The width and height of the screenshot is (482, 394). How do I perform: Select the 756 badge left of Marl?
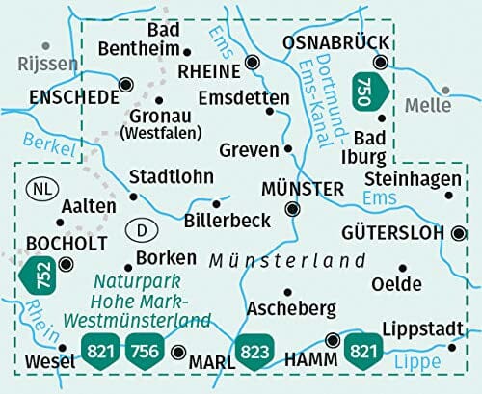pos(146,350)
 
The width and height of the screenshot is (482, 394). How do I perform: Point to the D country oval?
pos(141,230)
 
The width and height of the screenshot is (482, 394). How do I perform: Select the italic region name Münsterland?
pos(286,260)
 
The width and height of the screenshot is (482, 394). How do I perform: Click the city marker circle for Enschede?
pos(124,85)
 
